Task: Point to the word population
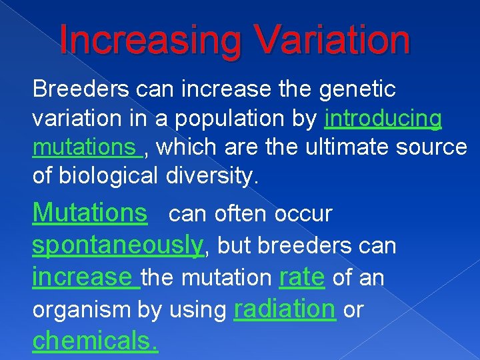pos(225,118)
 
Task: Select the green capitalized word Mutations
pos(90,213)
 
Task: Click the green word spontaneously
pos(117,245)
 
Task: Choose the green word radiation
pos(285,309)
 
